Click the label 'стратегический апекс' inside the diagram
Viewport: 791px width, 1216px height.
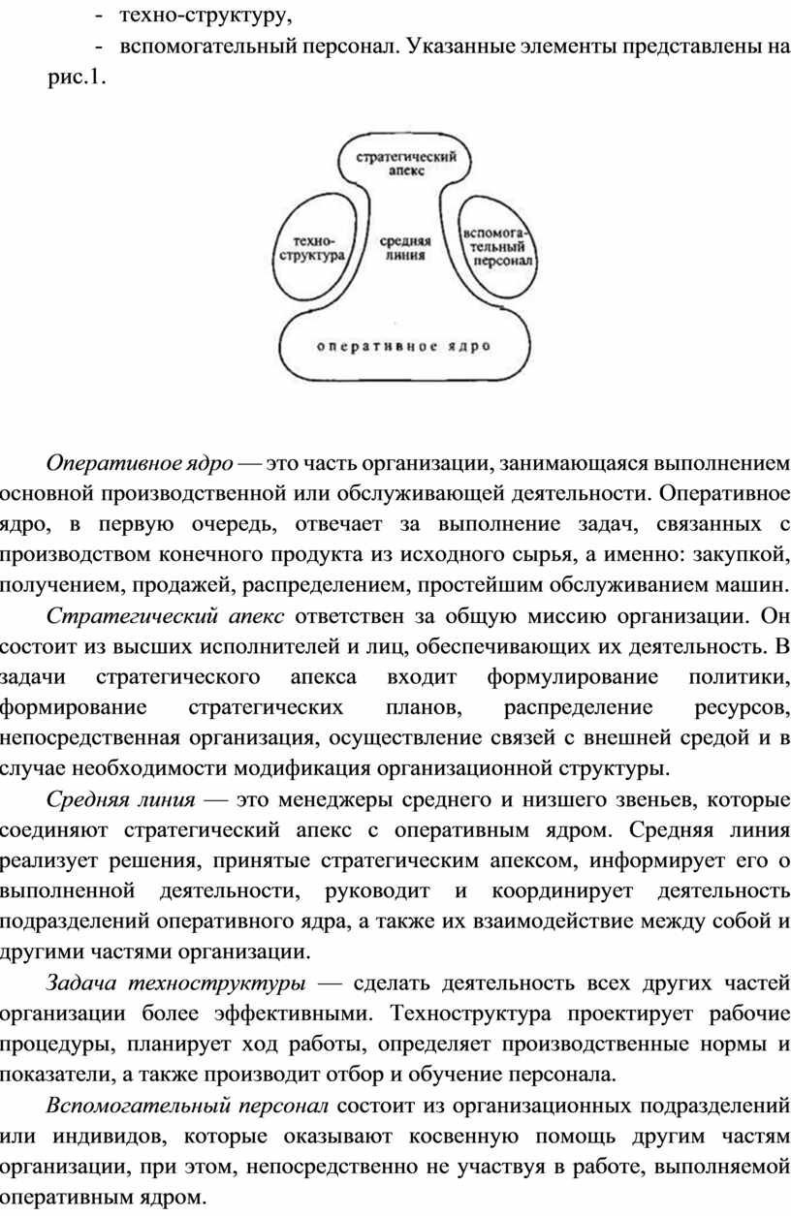(x=406, y=164)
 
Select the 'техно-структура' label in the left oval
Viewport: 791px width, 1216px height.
(x=312, y=249)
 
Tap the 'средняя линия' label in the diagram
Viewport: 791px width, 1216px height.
(x=405, y=249)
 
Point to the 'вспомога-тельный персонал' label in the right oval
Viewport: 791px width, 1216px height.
(x=497, y=247)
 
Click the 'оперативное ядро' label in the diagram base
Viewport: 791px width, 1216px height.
(x=403, y=346)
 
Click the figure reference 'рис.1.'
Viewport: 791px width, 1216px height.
(x=77, y=78)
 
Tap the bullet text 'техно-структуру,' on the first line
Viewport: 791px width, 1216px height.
(x=206, y=16)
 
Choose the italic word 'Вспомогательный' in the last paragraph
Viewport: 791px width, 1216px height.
(x=139, y=1106)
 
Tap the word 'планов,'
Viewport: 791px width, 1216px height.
(x=424, y=708)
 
